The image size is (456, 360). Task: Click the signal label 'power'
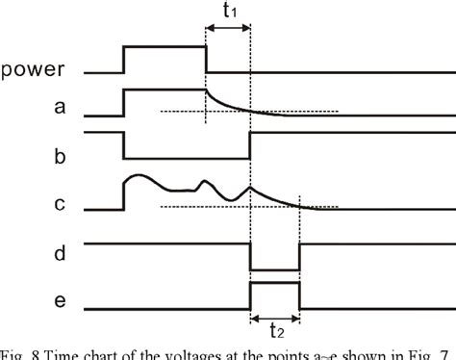pyautogui.click(x=33, y=69)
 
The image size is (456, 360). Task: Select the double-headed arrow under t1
pyautogui.click(x=228, y=32)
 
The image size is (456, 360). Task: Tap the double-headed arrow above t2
pyautogui.click(x=275, y=317)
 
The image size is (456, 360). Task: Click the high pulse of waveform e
pyautogui.click(x=275, y=284)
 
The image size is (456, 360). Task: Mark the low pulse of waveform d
pyautogui.click(x=275, y=270)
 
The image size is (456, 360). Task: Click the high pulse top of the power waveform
pyautogui.click(x=165, y=46)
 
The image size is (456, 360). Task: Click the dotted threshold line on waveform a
pyautogui.click(x=289, y=112)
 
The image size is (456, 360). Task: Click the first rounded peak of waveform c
pyautogui.click(x=139, y=176)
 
